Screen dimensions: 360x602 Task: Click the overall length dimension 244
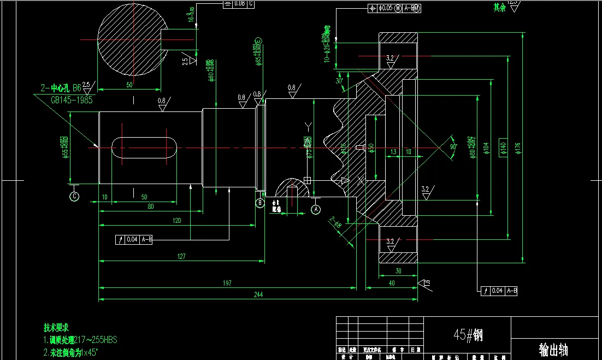pyautogui.click(x=258, y=295)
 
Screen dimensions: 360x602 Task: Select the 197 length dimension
pyautogui.click(x=227, y=283)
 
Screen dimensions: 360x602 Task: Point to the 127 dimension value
pyautogui.click(x=181, y=256)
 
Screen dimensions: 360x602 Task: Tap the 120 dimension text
pyautogui.click(x=176, y=220)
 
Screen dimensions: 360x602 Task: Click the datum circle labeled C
pyautogui.click(x=74, y=194)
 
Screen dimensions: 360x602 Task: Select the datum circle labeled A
pyautogui.click(x=315, y=208)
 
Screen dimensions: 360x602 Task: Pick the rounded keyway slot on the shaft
pyautogui.click(x=145, y=148)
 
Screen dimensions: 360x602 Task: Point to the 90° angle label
pyautogui.click(x=453, y=147)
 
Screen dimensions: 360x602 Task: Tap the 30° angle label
pyautogui.click(x=340, y=81)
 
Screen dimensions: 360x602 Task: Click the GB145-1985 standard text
pyautogui.click(x=72, y=100)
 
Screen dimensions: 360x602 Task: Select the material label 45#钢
pyautogui.click(x=468, y=334)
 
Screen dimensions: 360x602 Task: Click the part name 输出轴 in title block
pyautogui.click(x=553, y=349)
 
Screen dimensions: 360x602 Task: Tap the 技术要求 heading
pyautogui.click(x=56, y=328)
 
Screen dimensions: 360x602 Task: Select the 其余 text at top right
pyautogui.click(x=499, y=8)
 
